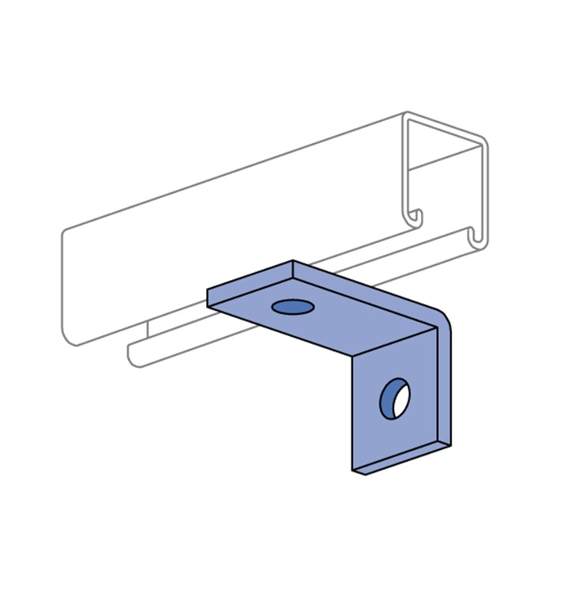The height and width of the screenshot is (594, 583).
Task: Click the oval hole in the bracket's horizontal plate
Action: click(292, 306)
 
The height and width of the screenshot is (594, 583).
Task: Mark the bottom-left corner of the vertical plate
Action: click(352, 473)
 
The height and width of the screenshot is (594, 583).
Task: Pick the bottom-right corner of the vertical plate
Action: click(452, 445)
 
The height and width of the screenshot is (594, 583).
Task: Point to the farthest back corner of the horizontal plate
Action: click(293, 260)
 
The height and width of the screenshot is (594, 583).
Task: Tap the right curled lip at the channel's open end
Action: click(475, 235)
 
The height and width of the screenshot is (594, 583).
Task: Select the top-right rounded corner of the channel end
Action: click(483, 143)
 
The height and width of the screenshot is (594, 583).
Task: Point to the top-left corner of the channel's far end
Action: click(64, 231)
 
